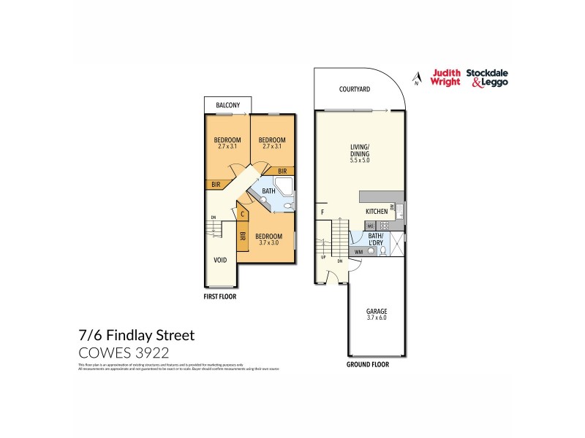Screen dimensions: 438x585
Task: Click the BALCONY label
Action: [x=227, y=106]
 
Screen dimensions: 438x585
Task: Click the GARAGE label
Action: [x=377, y=311]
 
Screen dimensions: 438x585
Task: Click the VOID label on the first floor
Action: [x=219, y=259]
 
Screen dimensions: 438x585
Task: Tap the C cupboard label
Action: [x=243, y=215]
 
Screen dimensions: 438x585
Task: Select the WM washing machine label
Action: [x=358, y=252]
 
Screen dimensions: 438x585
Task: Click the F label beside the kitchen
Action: [x=322, y=212]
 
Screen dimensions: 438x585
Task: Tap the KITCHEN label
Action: [x=376, y=212]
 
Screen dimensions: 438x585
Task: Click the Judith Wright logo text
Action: [x=446, y=77]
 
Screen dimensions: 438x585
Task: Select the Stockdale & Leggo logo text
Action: [x=488, y=77]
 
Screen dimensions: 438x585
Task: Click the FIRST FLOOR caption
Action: [x=219, y=298]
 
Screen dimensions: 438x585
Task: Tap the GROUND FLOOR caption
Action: [x=368, y=364]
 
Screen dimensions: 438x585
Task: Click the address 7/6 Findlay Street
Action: [x=136, y=337]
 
